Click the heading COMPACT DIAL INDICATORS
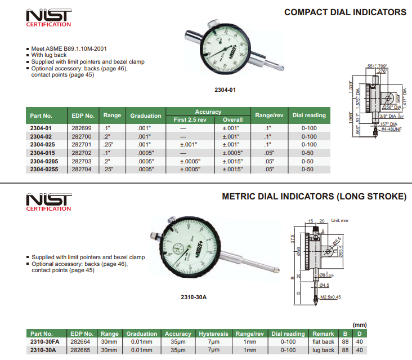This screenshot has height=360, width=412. (345, 12)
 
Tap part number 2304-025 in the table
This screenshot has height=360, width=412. (43, 144)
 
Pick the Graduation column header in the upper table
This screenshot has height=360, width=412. (146, 115)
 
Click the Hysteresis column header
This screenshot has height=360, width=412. (213, 334)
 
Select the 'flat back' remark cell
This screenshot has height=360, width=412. (323, 342)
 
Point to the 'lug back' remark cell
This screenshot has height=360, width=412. (323, 350)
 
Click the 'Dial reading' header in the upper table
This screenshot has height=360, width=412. (309, 115)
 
